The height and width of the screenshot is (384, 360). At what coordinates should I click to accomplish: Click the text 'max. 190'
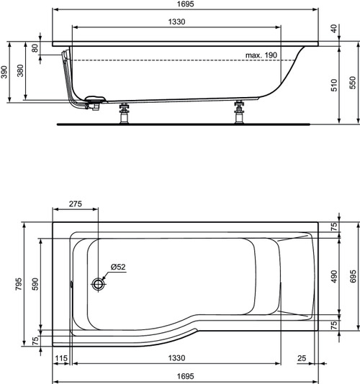pos(261,55)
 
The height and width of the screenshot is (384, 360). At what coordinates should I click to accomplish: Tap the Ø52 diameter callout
pos(118,267)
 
